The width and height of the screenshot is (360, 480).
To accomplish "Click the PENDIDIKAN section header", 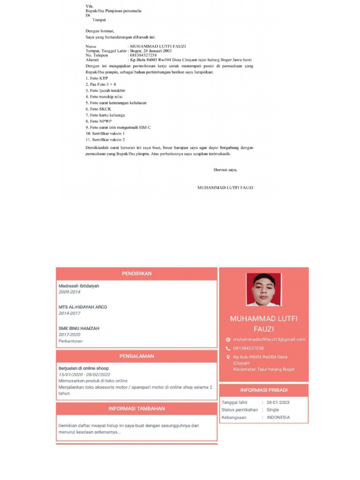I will [136, 273].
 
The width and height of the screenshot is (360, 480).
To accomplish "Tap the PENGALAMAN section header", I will [136, 356].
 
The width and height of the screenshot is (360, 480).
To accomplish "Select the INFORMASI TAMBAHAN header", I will [136, 409].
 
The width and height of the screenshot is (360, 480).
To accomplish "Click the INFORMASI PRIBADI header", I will [264, 390].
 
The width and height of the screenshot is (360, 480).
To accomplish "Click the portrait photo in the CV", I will [263, 289].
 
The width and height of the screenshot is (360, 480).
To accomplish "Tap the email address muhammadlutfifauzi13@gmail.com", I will [269, 339].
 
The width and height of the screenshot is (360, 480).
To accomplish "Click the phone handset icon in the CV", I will [228, 348].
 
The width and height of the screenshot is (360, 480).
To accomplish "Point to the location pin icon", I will [228, 357].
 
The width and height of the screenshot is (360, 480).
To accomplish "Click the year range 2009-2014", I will [69, 292].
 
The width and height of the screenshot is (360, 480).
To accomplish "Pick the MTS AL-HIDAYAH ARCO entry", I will [82, 307].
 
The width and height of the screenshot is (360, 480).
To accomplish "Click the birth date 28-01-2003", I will [278, 402].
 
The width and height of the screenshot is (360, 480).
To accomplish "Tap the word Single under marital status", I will [273, 410].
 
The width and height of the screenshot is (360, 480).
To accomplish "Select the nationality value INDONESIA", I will [278, 417].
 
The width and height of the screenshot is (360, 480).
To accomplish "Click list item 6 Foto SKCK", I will [98, 109].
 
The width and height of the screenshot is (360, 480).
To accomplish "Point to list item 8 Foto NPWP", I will [99, 121].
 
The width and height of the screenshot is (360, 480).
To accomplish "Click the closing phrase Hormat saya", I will [225, 170].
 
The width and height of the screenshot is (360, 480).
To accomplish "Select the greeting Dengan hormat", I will [100, 31].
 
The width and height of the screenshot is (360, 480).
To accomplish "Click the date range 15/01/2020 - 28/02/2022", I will [84, 375].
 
